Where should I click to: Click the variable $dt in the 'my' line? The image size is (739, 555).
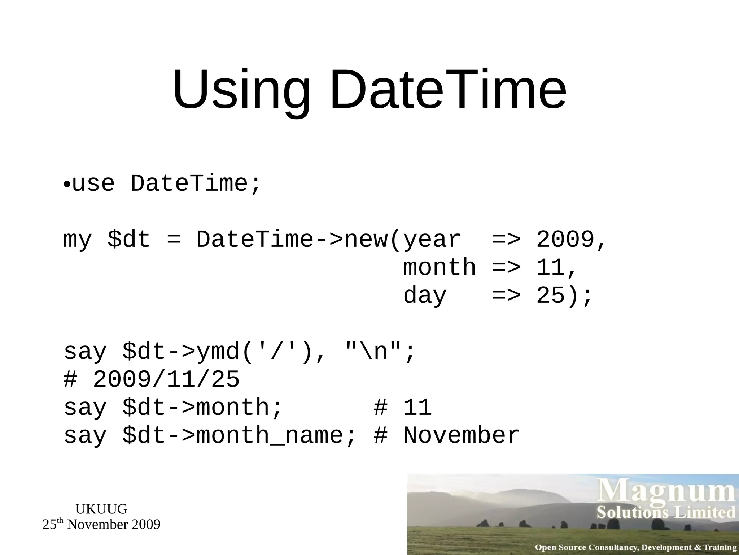pyautogui.click(x=129, y=240)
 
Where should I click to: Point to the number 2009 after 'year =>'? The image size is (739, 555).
pyautogui.click(x=565, y=240)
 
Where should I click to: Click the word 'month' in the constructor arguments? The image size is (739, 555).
pyautogui.click(x=439, y=268)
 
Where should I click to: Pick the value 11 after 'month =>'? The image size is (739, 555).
pyautogui.click(x=550, y=268)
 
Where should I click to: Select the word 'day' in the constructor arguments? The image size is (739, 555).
pyautogui.click(x=425, y=296)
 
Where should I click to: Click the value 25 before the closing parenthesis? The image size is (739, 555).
pyautogui.click(x=550, y=296)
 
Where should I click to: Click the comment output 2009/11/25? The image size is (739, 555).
pyautogui.click(x=166, y=379)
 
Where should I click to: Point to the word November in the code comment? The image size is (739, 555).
pyautogui.click(x=461, y=435)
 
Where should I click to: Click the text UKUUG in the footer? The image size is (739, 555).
pyautogui.click(x=101, y=509)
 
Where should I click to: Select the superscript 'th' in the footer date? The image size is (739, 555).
pyautogui.click(x=60, y=521)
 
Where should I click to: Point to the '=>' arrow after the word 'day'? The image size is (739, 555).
pyautogui.click(x=506, y=296)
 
